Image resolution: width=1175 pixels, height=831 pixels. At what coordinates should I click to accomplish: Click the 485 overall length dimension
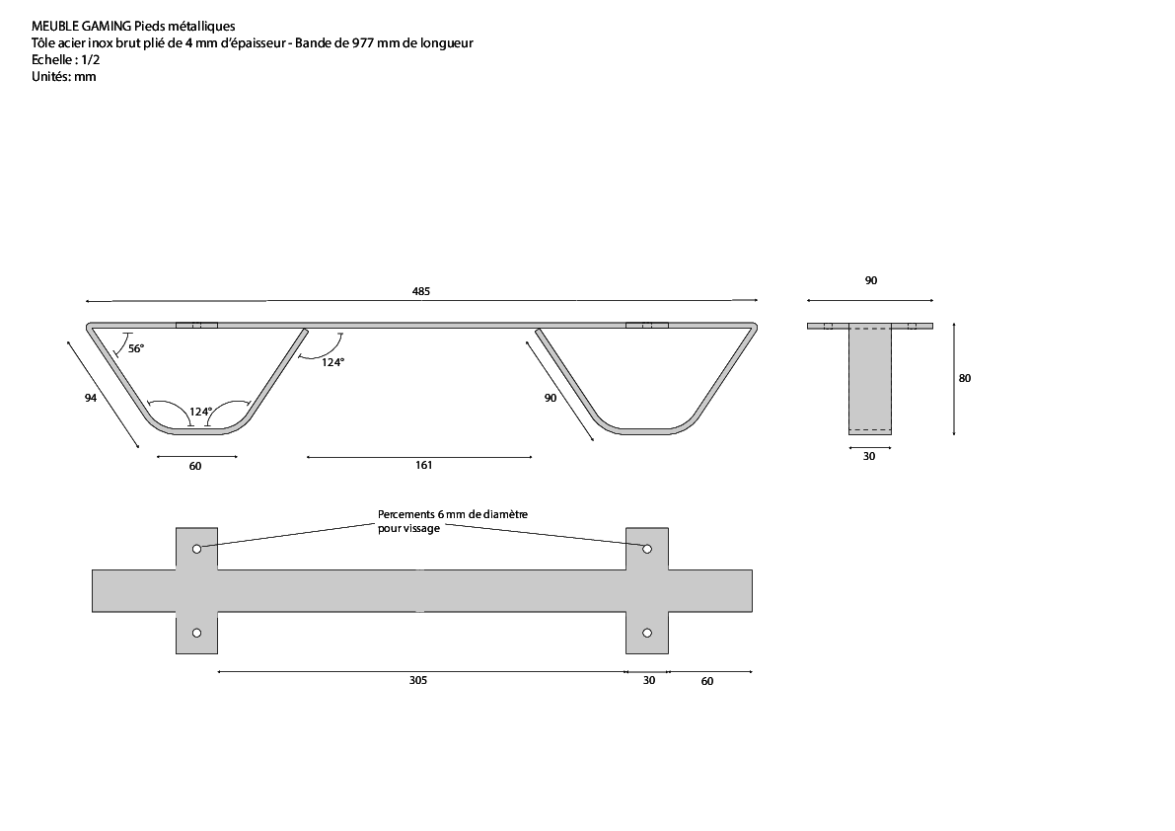click(x=421, y=291)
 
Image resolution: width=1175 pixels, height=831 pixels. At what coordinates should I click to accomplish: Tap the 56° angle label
click(x=135, y=348)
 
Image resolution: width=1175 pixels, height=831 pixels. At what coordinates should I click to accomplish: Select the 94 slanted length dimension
click(x=91, y=398)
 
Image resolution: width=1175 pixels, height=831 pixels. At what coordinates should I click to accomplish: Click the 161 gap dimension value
click(x=423, y=465)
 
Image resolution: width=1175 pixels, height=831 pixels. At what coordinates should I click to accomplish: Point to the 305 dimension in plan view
click(x=418, y=680)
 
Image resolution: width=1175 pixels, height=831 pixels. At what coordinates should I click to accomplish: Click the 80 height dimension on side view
click(x=965, y=378)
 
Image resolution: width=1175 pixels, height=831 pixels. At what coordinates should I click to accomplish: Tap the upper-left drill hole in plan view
click(x=196, y=550)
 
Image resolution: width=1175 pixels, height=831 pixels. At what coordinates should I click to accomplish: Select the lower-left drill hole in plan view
click(x=196, y=634)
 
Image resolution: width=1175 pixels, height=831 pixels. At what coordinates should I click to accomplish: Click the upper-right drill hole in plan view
click(x=647, y=550)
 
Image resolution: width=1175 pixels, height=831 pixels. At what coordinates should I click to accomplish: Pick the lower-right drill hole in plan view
click(x=647, y=634)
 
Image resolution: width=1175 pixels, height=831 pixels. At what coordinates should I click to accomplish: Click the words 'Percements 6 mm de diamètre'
click(x=453, y=515)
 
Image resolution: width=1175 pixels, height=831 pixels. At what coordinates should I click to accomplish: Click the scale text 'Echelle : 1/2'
click(x=66, y=60)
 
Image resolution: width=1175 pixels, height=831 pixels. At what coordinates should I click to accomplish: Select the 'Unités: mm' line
click(x=64, y=76)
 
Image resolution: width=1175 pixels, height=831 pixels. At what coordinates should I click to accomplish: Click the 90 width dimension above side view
click(x=871, y=281)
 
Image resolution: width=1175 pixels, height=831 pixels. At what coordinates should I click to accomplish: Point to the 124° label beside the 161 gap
click(x=332, y=362)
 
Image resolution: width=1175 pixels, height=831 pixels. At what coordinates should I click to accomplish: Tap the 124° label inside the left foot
click(x=200, y=412)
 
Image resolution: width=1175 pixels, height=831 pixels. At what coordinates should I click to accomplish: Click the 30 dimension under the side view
click(x=869, y=456)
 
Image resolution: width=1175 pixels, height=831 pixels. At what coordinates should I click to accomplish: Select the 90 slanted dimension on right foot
click(x=551, y=398)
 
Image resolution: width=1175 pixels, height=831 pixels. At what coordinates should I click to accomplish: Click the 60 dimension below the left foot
click(x=194, y=466)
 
